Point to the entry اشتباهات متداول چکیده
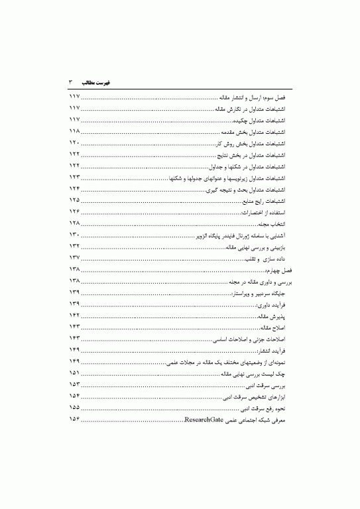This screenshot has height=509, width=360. tap(260, 121)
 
